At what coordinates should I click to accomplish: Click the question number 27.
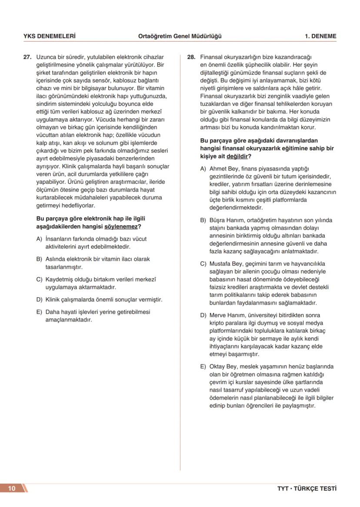tap(27, 57)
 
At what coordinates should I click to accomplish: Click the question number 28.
tap(191, 57)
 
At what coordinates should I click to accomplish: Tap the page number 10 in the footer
tap(12, 488)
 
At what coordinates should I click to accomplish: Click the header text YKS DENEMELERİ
tap(49, 36)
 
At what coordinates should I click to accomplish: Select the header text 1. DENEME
tap(320, 36)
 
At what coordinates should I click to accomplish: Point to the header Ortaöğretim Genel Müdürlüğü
tap(180, 36)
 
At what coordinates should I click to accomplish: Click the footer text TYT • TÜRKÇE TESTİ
tap(307, 488)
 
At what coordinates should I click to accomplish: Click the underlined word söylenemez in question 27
tap(120, 226)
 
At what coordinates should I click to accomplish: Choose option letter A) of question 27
tap(39, 239)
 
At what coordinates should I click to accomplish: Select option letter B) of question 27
tap(39, 259)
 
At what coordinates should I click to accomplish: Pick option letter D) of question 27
tap(39, 299)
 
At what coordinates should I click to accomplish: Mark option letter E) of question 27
tap(39, 312)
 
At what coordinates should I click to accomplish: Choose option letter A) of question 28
tap(203, 169)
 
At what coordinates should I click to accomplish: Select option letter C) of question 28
tap(203, 264)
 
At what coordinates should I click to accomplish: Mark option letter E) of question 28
tap(203, 366)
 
